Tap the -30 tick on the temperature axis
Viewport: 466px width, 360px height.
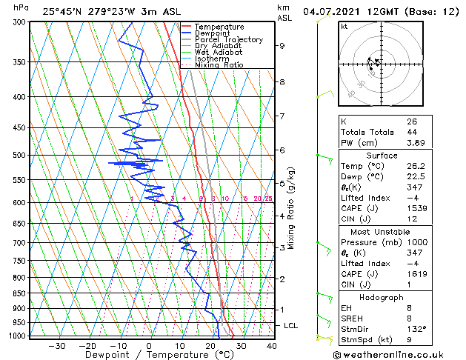pos(57,345)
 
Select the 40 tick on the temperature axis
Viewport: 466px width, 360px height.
pos(272,345)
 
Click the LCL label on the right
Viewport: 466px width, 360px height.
pos(291,325)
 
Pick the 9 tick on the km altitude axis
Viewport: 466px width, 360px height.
pos(282,45)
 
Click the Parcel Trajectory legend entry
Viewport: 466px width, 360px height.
pos(228,39)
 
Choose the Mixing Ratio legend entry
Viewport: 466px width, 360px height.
pos(219,64)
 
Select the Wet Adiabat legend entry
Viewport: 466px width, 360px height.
pos(219,52)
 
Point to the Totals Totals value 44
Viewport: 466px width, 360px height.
pos(412,132)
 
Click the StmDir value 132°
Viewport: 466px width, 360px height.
pos(416,329)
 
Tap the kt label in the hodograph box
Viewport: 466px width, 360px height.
pos(344,26)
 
